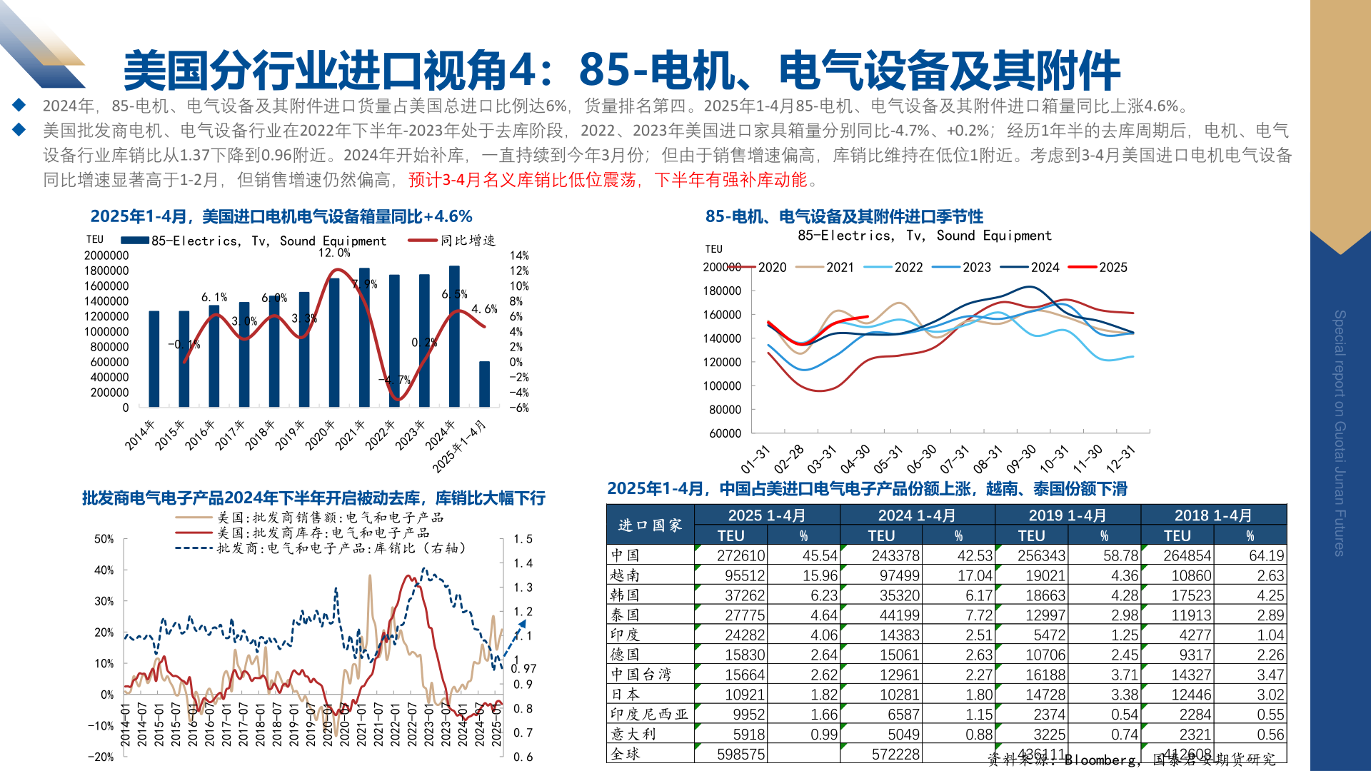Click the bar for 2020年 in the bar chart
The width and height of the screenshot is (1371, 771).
tap(334, 343)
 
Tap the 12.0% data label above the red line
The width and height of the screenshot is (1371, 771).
tap(334, 253)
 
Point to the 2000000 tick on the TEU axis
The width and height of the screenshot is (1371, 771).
tap(106, 256)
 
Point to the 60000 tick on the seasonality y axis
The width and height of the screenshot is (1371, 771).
tap(725, 433)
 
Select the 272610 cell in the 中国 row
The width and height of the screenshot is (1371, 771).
tap(740, 555)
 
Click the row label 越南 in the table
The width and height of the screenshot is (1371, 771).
tap(625, 575)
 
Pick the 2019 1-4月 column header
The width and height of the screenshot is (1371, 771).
tap(1067, 515)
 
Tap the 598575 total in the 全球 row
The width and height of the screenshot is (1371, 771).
tap(740, 754)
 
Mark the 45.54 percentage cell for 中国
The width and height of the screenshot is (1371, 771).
tap(820, 555)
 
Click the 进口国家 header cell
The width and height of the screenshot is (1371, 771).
tap(650, 525)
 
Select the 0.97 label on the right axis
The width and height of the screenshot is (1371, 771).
tap(523, 668)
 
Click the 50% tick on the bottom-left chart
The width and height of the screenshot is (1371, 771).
tap(104, 539)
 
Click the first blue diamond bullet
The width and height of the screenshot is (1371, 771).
tap(19, 106)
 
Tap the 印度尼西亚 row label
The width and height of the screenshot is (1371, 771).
tap(649, 714)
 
